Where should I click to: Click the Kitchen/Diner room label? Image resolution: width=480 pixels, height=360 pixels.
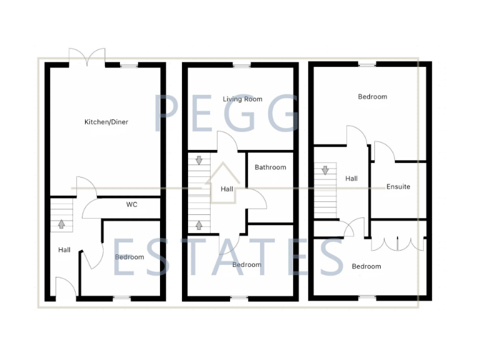click(106, 122)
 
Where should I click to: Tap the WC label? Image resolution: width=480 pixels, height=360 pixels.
click(131, 204)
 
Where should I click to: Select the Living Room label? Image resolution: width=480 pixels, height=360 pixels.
click(242, 99)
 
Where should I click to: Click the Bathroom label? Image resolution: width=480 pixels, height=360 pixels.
click(270, 167)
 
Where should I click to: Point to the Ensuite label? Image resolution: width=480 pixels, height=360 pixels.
click(398, 186)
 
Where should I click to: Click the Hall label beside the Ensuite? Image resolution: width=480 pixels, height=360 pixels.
click(351, 179)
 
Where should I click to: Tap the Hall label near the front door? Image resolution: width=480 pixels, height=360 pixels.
click(64, 250)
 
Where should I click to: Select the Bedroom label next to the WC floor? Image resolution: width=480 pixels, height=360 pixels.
click(129, 257)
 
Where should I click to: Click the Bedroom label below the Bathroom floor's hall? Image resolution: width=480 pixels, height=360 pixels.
click(247, 264)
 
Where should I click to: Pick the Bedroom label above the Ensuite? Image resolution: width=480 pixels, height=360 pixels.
click(372, 96)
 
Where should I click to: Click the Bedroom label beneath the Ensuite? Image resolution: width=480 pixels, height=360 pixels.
click(366, 266)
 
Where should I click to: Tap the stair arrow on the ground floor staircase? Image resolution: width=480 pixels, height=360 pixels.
click(61, 222)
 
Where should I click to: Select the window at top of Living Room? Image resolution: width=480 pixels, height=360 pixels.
click(241, 65)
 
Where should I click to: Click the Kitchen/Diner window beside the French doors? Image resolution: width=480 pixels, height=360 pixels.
click(129, 65)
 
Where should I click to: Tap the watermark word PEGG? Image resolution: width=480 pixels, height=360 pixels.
click(226, 114)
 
